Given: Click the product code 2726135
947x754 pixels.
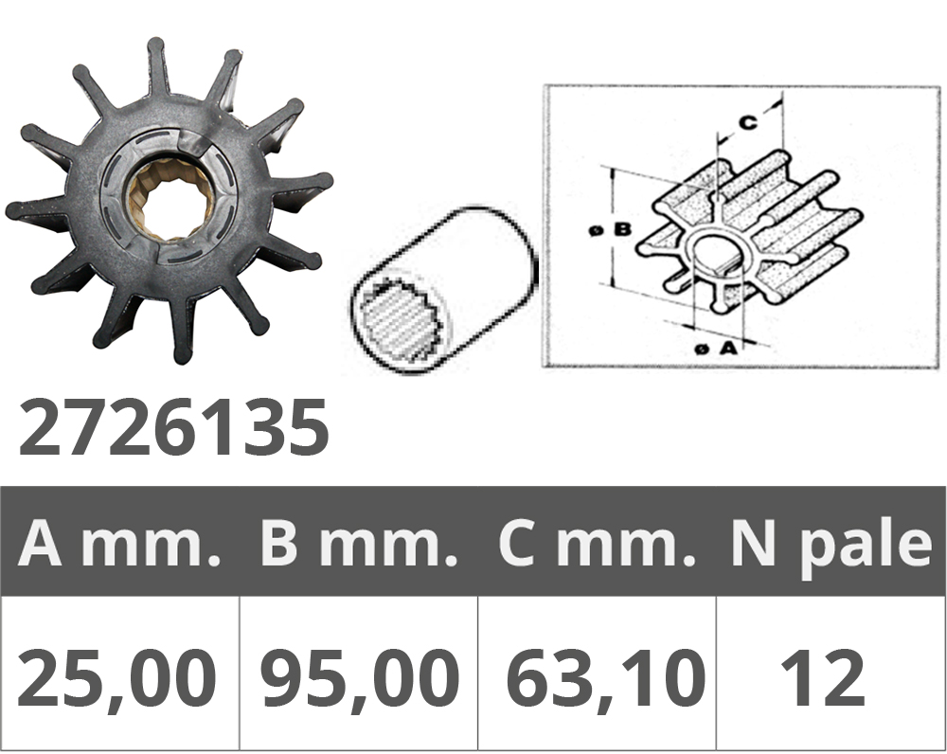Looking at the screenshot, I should (173, 427).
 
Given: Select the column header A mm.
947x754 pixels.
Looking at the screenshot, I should (119, 543).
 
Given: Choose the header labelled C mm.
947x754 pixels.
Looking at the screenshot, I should (595, 543).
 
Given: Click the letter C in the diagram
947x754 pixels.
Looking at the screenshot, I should (747, 121).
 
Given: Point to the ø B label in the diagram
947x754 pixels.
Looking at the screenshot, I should (608, 228).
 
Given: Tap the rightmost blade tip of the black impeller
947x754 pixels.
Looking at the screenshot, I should (325, 180).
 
